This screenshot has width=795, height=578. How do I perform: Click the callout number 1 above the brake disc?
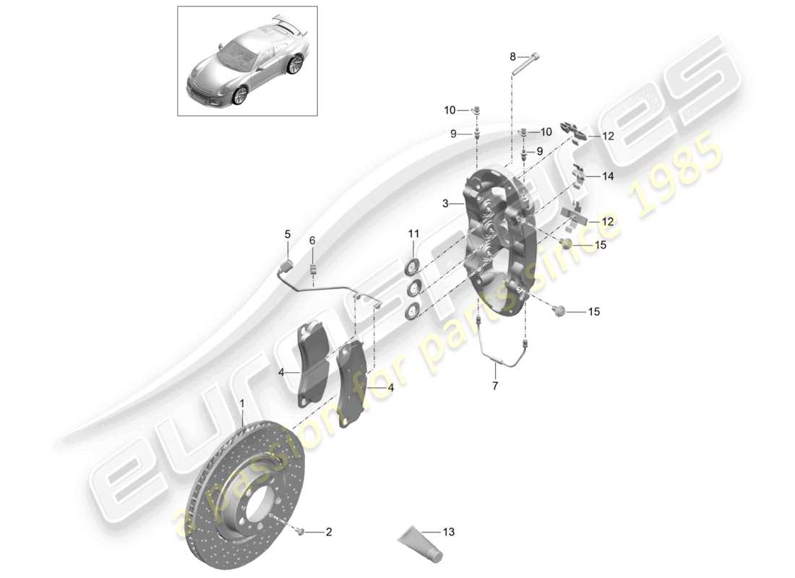click(242, 403)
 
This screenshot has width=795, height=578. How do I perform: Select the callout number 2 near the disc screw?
click(328, 532)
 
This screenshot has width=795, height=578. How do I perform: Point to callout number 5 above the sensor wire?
click(287, 234)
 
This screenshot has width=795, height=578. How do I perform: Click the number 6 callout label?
click(313, 241)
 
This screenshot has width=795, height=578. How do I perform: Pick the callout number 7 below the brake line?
click(495, 387)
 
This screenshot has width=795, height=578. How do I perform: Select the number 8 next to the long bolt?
click(513, 56)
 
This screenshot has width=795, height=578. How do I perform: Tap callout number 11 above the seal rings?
click(413, 233)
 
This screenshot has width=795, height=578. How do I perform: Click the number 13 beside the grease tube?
click(449, 532)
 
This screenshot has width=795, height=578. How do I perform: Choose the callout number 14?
click(607, 176)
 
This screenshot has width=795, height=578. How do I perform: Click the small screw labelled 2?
click(299, 532)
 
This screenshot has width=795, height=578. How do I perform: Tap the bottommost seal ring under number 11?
click(413, 311)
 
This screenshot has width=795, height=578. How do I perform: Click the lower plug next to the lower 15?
click(558, 311)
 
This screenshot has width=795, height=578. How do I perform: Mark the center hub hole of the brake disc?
click(252, 504)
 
